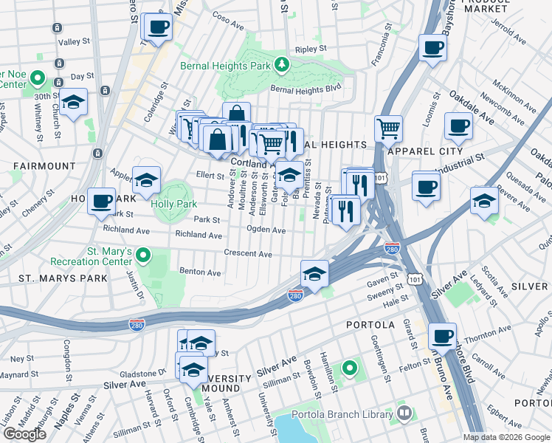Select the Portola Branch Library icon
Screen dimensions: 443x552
403,414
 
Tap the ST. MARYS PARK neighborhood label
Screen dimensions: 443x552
63,278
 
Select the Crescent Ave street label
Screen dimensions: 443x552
248,254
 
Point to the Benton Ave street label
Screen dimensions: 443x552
201,272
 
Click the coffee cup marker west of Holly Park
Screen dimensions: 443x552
101,201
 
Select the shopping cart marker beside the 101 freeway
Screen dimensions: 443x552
388,128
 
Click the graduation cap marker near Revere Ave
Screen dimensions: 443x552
484,201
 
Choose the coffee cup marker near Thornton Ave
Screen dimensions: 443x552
443,337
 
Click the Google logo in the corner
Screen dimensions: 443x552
24,434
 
